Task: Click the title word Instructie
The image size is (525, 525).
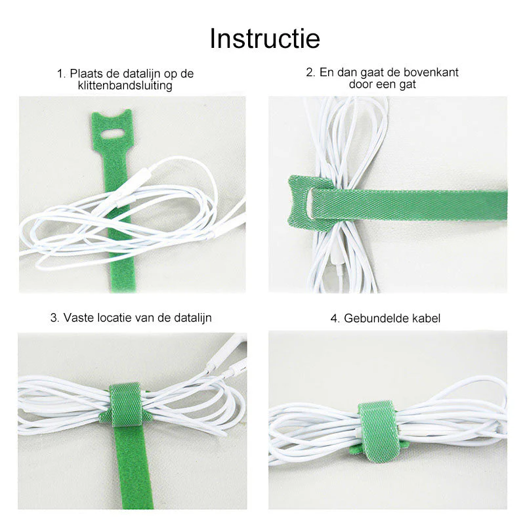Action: [x=265, y=39]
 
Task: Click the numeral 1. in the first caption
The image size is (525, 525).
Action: [x=61, y=73]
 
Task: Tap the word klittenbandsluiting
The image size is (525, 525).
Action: [x=125, y=85]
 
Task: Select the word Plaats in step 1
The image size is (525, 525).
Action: [x=86, y=73]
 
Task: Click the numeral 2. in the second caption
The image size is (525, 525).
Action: [x=310, y=72]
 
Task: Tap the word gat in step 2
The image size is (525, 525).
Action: [x=407, y=85]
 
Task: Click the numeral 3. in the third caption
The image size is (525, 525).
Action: [x=54, y=318]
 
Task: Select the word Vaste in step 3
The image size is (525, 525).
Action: [x=78, y=318]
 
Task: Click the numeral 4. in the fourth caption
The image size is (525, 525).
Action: [x=335, y=318]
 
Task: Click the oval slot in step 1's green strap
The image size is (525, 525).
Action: [x=112, y=134]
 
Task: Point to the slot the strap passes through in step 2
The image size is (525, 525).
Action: [x=310, y=203]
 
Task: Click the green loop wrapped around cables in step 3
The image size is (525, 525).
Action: [x=125, y=404]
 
